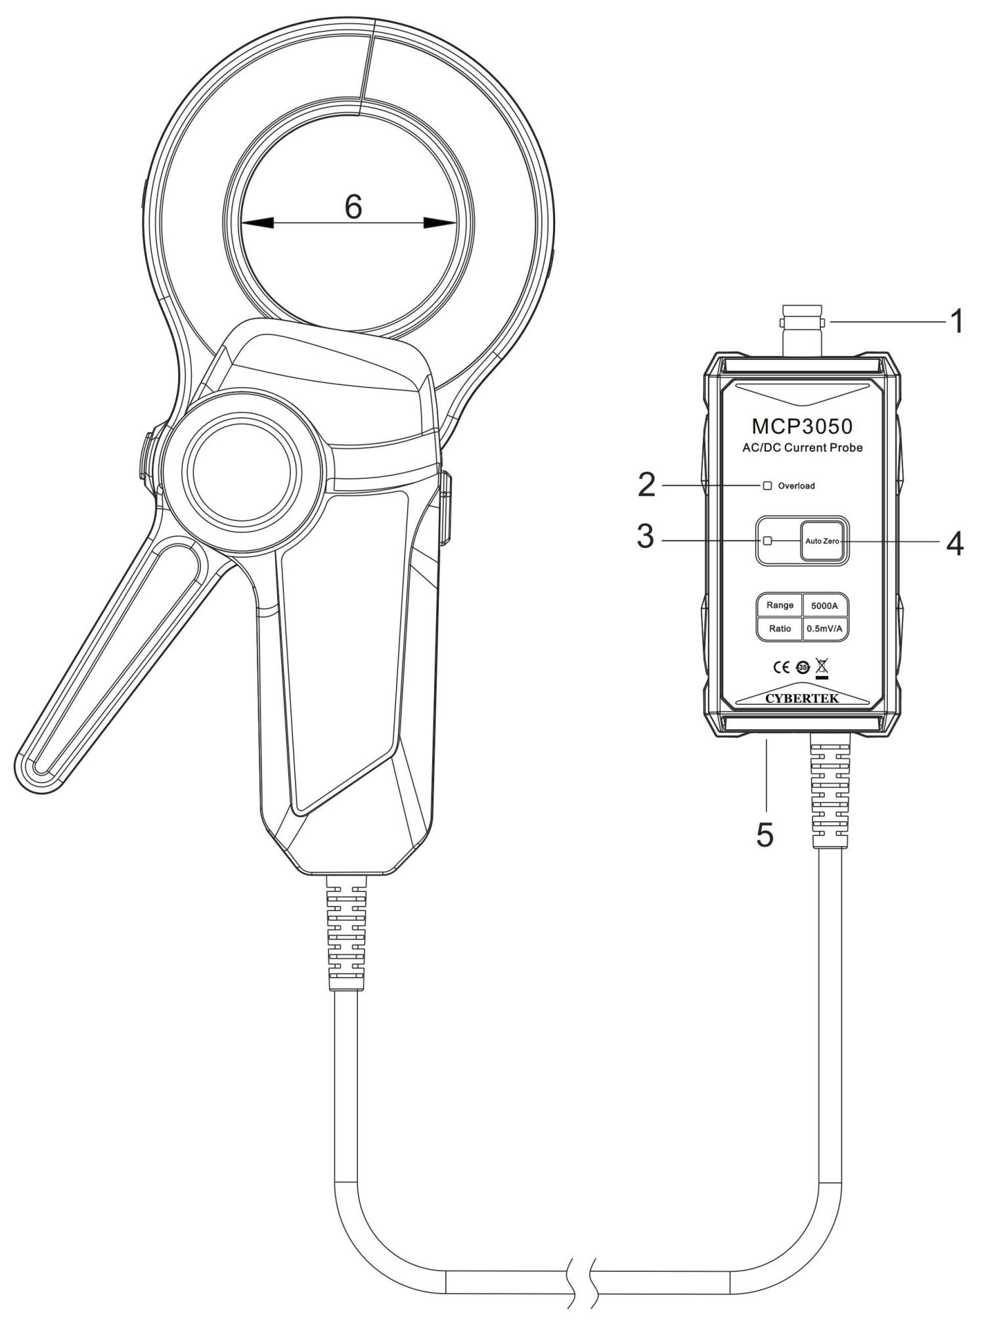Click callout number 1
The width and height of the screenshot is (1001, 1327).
coord(956,322)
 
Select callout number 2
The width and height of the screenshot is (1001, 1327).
coord(646,485)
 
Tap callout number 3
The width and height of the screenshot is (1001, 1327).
coord(646,537)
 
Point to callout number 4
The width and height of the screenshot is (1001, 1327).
coord(954,543)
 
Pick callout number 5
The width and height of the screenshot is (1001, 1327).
coord(765,834)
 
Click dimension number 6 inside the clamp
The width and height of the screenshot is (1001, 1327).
coord(353,207)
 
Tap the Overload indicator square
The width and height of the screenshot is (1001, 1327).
coord(767,485)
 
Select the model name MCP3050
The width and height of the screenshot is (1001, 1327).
coord(802,426)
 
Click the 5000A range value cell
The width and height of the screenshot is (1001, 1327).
coord(824,605)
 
